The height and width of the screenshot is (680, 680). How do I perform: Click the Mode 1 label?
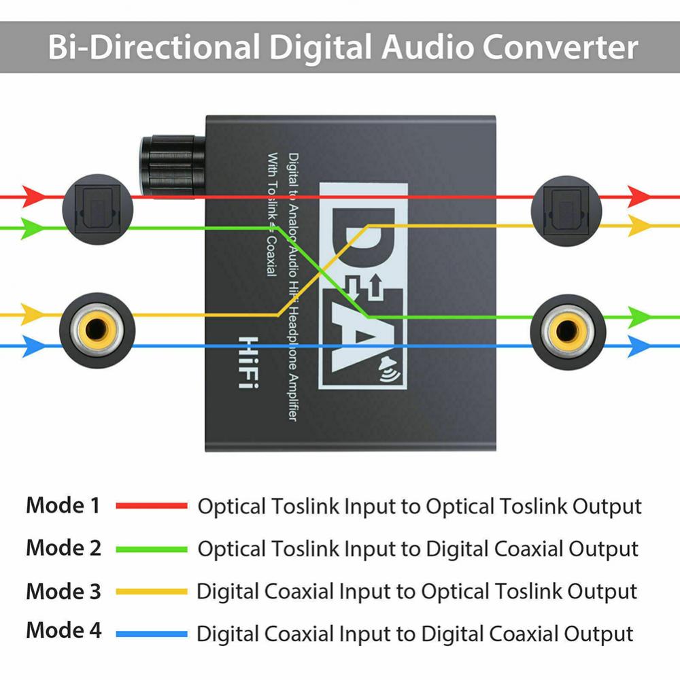point(63,505)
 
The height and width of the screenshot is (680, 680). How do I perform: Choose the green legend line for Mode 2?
point(151,549)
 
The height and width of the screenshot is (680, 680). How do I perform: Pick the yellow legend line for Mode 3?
point(151,592)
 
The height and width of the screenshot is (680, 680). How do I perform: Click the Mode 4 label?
point(63,630)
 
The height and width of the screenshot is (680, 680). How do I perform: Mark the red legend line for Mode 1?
point(151,506)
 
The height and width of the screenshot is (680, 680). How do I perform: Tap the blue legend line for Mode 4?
point(151,634)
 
